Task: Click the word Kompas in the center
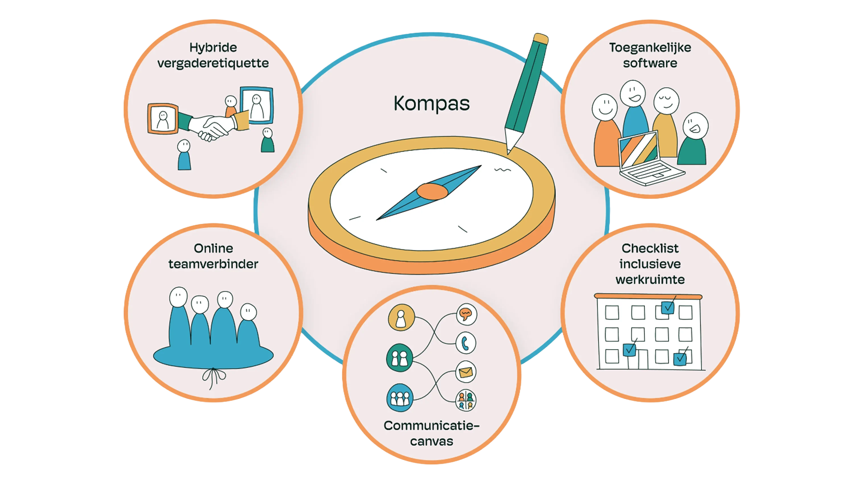(x=431, y=103)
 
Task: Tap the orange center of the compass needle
(x=432, y=191)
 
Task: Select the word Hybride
(x=213, y=47)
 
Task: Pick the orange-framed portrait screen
(x=163, y=118)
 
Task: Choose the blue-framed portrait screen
(x=257, y=105)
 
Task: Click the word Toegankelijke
(x=650, y=47)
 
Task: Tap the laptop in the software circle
(x=647, y=159)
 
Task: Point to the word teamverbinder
(x=213, y=264)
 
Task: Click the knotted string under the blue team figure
(x=213, y=377)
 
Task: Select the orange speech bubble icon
(x=466, y=314)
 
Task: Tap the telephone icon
(x=466, y=343)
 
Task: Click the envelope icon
(x=466, y=372)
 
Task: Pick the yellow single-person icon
(x=401, y=318)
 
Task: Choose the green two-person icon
(x=400, y=358)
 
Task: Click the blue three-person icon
(x=400, y=398)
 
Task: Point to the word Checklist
(x=650, y=249)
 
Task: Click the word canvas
(x=432, y=442)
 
